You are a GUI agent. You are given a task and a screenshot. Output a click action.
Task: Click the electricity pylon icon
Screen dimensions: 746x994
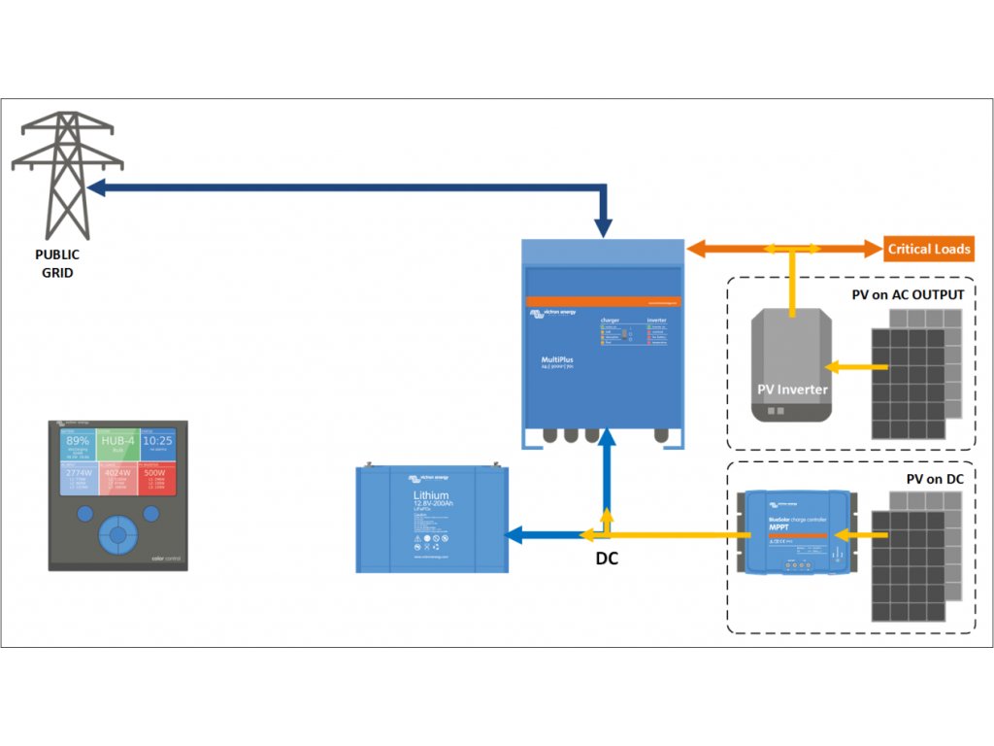[x=67, y=175]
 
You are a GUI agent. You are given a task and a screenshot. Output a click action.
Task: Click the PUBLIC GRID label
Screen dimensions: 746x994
[x=57, y=263]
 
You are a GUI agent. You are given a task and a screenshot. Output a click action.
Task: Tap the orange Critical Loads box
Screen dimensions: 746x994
[x=928, y=249]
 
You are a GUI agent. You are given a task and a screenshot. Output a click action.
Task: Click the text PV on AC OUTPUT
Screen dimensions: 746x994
[x=908, y=294]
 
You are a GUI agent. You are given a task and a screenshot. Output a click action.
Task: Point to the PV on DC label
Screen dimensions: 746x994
[x=934, y=478]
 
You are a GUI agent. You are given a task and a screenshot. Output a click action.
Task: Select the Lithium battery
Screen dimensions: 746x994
[x=431, y=519]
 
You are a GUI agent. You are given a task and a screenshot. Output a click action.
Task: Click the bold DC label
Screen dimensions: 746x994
[x=607, y=559]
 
